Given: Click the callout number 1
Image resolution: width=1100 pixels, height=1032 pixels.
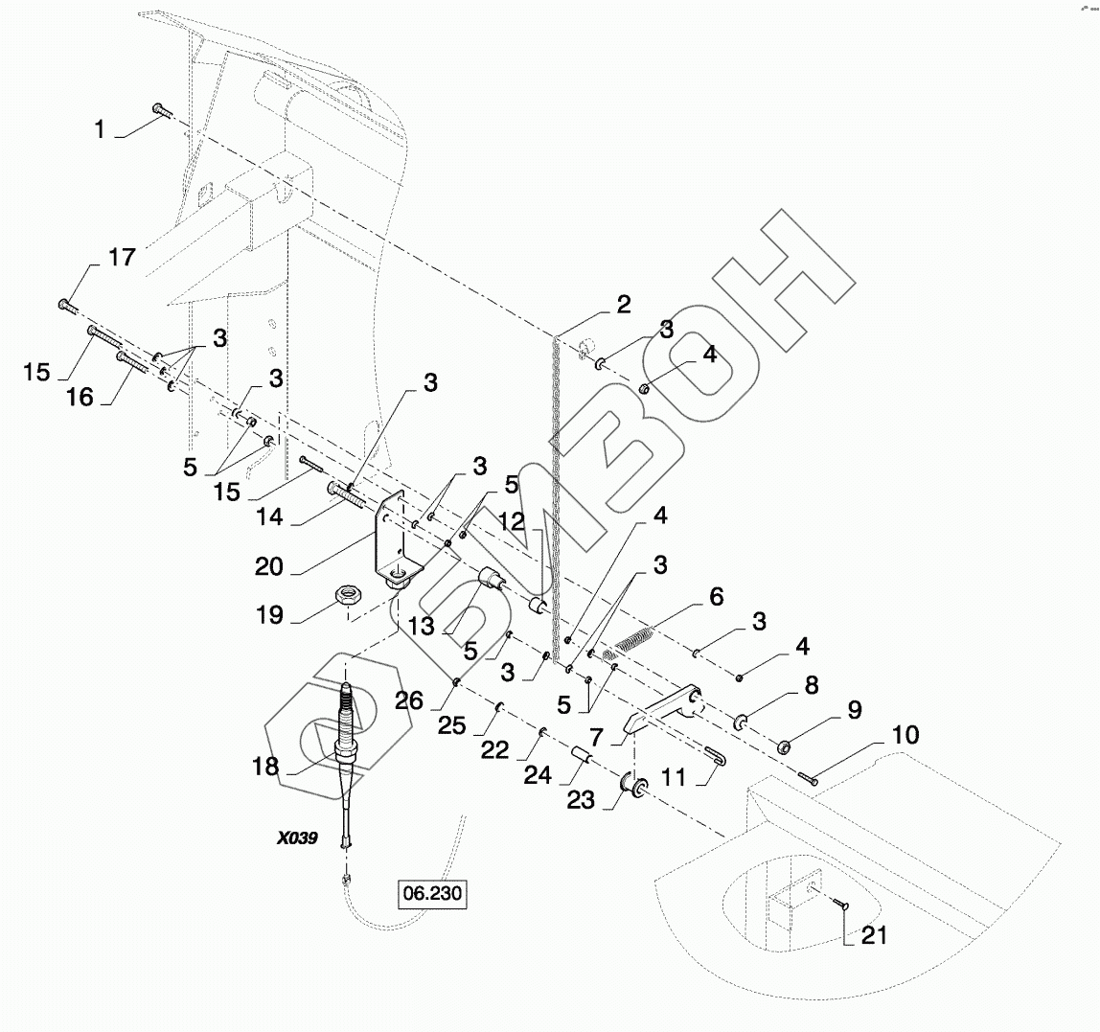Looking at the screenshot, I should pos(101,129).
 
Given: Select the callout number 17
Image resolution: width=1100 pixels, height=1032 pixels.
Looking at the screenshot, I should pos(122,258).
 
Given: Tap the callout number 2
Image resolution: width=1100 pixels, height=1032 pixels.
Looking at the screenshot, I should pos(623,306).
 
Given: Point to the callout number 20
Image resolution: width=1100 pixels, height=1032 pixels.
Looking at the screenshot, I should pos(269,565).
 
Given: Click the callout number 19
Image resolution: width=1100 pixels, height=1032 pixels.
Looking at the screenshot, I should pos(270,614).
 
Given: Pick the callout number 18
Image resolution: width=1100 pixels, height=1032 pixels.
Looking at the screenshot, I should pos(265,767).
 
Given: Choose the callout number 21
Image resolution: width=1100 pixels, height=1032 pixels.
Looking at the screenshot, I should pos(873,935).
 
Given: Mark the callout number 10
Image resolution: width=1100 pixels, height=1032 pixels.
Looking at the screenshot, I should pos(905,736).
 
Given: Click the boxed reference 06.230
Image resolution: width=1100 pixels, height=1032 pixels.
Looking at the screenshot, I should pos(433,895).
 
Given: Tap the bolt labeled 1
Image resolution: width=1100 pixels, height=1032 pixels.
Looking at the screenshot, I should pos(161,112).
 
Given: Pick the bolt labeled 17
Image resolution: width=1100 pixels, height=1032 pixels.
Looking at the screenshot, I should pos(68,305).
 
